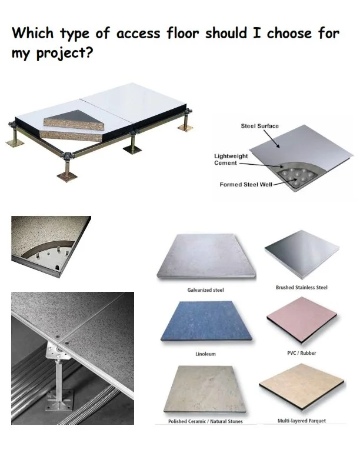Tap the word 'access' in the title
141,33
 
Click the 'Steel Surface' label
259,126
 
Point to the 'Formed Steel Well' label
244,185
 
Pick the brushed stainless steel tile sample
301,255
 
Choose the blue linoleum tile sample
205,322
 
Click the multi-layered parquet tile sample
301,388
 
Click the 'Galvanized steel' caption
205,290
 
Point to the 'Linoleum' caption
205,354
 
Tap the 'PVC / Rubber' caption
301,353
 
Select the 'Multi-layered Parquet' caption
301,421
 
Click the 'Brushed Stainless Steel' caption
301,287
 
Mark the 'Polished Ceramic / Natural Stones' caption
205,421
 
